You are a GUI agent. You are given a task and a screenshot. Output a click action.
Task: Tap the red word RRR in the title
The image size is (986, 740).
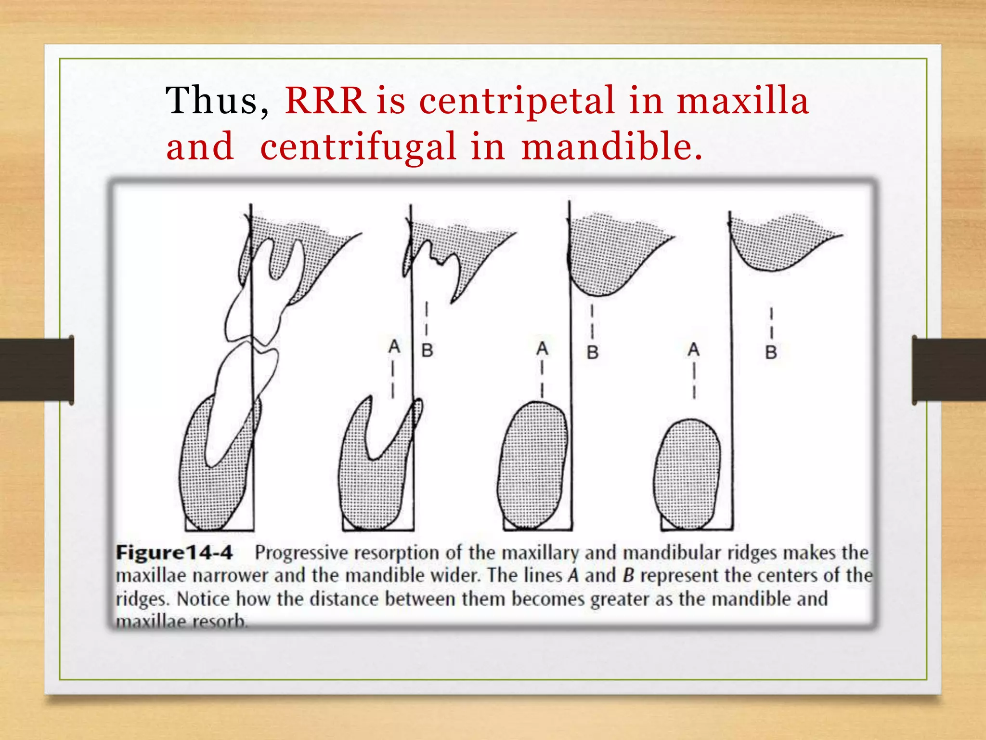pos(325,101)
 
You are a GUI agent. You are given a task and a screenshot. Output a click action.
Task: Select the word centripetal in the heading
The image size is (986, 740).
pos(517,101)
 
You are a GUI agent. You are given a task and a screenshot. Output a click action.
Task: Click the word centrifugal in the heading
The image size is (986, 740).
pos(358,147)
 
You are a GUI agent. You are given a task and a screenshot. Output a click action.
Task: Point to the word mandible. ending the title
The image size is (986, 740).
pos(611,147)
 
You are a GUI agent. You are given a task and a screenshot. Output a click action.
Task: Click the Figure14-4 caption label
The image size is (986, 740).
pos(174,552)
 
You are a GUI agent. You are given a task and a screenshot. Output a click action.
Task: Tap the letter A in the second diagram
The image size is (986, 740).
pos(394,346)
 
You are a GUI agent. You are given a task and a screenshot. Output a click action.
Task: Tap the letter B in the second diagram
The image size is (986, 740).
pos(427,350)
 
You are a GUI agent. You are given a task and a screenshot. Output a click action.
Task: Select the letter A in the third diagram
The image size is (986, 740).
pos(542,348)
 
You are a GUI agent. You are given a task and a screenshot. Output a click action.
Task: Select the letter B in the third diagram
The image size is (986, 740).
pos(592,352)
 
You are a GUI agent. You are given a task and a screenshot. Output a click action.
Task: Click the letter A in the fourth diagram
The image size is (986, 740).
pos(693,349)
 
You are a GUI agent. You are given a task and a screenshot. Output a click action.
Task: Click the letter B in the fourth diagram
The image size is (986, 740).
pos(771,352)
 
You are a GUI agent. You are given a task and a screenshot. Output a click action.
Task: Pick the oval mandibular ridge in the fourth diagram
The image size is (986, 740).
pos(688,475)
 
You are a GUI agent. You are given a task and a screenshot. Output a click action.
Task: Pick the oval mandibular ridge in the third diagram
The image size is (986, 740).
pos(532,465)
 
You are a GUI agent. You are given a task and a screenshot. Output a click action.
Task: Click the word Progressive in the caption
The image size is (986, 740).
pos(300,553)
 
